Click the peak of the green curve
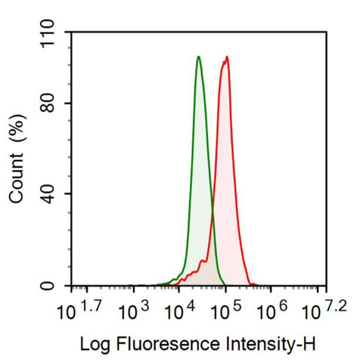tap(199, 57)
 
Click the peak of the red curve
tap(227, 57)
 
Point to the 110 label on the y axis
tap(48, 34)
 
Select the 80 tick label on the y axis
tap(48, 104)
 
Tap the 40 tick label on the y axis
tap(48, 194)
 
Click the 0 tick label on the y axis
tap(48, 286)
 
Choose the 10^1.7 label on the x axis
tap(79, 310)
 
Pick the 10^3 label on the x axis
tap(134, 310)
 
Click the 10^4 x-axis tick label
tap(179, 310)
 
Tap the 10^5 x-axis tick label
tap(225, 310)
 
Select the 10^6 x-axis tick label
tap(272, 310)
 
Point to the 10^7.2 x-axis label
tap(324, 310)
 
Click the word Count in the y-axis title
tap(17, 178)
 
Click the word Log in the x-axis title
tap(95, 345)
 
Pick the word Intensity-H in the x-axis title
tap(271, 345)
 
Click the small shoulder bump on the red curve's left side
tap(202, 262)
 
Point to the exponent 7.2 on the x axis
tap(337, 306)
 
